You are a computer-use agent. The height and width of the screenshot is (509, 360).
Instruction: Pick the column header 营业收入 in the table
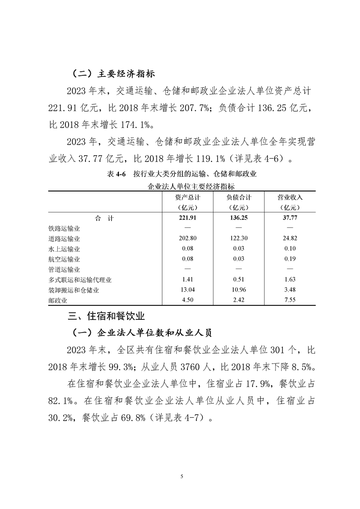290,198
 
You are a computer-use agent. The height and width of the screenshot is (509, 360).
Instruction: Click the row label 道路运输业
64,239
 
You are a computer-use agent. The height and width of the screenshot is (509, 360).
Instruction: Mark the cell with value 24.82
290,239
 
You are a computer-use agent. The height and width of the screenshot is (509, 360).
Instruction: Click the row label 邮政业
58,300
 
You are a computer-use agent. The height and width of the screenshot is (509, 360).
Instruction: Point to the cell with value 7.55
290,300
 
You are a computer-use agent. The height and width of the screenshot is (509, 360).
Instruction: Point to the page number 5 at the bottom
182,476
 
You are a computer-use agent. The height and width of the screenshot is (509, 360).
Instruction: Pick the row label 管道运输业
64,269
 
